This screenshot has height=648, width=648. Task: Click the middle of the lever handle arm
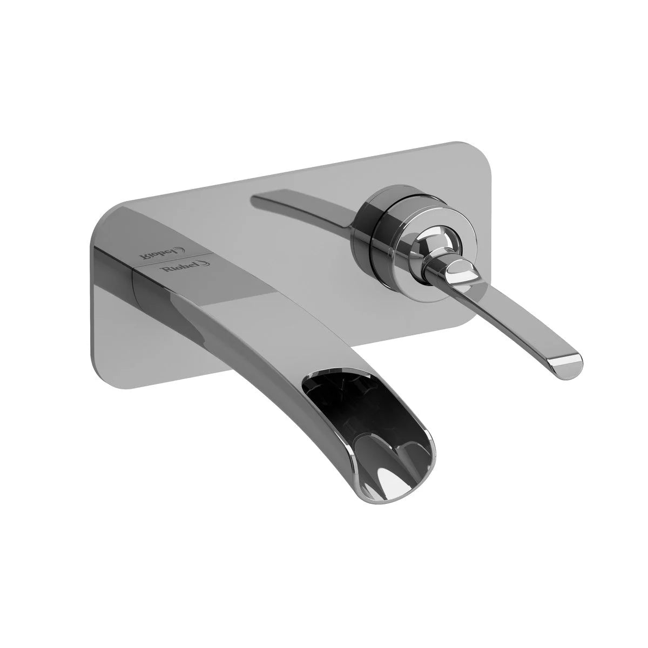pos(518,319)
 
